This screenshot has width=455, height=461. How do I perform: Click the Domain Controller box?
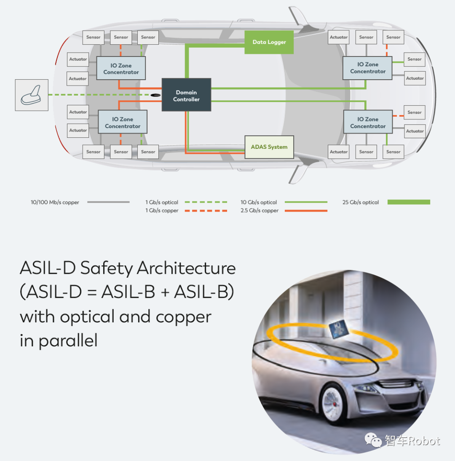186,95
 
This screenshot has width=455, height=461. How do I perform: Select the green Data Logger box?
269,42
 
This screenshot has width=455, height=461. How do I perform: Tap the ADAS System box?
269,147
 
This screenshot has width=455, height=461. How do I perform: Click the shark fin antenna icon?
32,95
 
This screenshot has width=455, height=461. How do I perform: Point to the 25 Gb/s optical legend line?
409,202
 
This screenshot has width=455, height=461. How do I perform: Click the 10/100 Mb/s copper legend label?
55,202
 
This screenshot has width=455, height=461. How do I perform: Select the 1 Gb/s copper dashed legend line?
206,211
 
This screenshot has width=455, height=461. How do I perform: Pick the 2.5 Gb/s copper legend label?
260,211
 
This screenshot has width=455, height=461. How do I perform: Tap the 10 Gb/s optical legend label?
259,202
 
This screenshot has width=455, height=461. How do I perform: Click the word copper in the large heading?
184,316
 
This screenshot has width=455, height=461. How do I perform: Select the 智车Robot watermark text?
412,441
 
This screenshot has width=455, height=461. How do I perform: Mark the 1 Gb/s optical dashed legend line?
206,202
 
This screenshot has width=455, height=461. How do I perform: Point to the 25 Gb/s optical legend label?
361,202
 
